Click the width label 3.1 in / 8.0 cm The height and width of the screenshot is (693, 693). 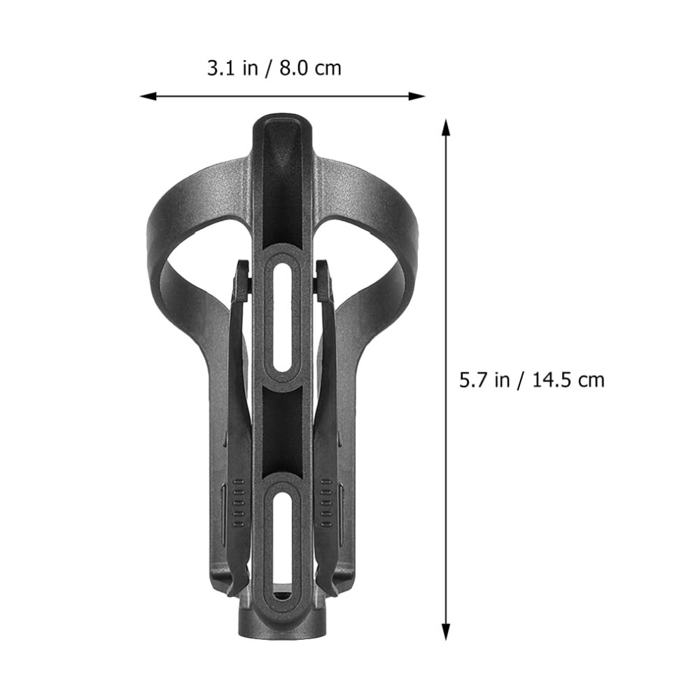pos(274,69)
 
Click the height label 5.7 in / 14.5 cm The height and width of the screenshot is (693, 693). pos(532,379)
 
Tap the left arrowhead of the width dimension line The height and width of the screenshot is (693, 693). pos(148,96)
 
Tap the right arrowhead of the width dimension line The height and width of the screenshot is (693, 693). pos(416,96)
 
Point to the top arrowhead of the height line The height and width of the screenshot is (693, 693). pos(446,127)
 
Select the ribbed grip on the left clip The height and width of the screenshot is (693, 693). pos(238,503)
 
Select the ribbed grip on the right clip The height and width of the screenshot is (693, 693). pos(326,503)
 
